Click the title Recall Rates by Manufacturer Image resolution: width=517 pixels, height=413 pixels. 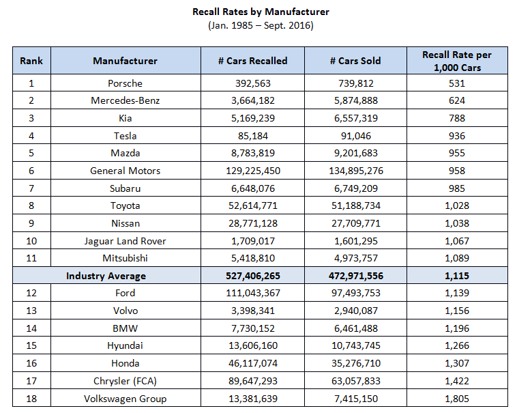coord(261,12)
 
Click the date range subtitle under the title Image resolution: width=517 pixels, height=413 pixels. coord(261,26)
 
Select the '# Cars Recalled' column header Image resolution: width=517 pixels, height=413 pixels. coord(252,61)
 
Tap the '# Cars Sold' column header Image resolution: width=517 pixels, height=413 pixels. coord(355,61)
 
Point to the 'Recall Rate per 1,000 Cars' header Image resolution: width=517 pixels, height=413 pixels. coord(457,61)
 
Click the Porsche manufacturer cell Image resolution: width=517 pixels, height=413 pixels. coord(125,83)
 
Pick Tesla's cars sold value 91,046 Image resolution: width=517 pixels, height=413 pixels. coord(355,136)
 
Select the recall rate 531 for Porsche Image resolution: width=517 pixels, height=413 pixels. coord(457,83)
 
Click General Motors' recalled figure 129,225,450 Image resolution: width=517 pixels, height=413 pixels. coord(252,171)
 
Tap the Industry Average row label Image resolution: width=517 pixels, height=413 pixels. coord(106,276)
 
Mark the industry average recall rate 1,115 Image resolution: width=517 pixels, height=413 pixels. coord(457,276)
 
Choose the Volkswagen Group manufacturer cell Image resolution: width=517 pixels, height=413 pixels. coord(125,399)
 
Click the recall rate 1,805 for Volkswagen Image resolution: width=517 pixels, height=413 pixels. coord(457,399)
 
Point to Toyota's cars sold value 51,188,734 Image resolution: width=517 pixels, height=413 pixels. coord(355,205)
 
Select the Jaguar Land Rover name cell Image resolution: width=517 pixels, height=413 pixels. coord(125,241)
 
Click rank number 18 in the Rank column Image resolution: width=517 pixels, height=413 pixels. coord(31,399)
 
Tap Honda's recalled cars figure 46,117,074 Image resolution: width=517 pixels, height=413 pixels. coord(252,363)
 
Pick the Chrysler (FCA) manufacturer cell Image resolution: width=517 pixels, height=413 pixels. coord(125,381)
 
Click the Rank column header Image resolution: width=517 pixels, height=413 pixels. coord(31,61)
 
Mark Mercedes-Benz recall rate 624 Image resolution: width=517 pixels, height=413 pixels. coord(457,100)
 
